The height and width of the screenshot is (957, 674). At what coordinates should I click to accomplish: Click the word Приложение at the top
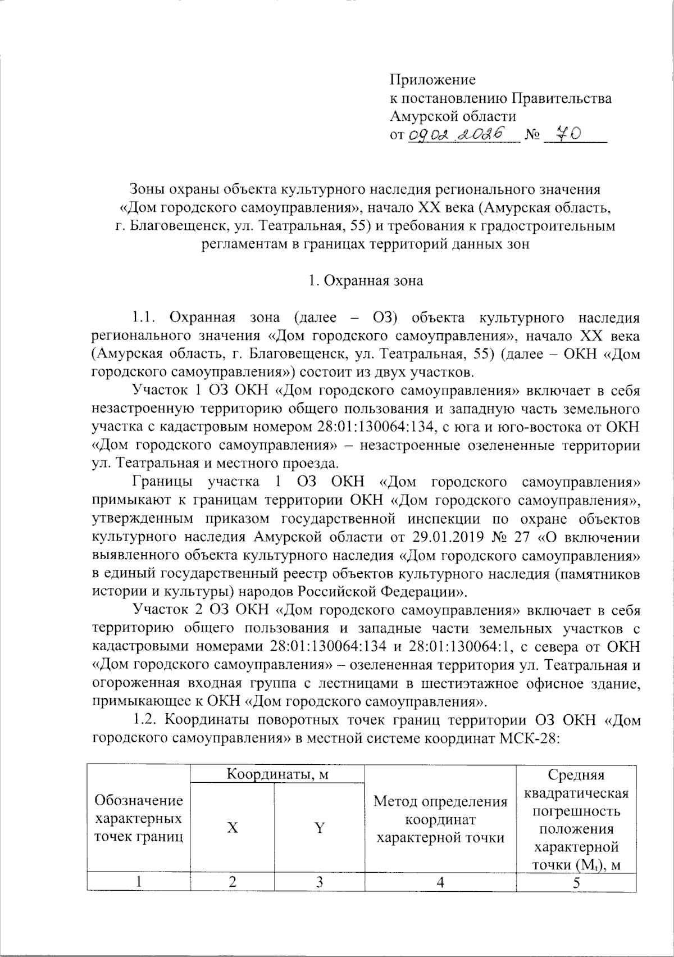[x=432, y=80]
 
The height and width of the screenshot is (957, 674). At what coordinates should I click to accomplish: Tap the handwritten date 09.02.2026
[x=462, y=134]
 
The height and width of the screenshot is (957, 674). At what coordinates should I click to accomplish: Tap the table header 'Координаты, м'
[x=277, y=774]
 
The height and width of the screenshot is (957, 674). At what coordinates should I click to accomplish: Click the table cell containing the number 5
[x=576, y=882]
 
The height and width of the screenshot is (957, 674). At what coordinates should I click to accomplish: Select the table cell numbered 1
[x=139, y=882]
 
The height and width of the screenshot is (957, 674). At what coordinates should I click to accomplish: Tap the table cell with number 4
[x=440, y=882]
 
